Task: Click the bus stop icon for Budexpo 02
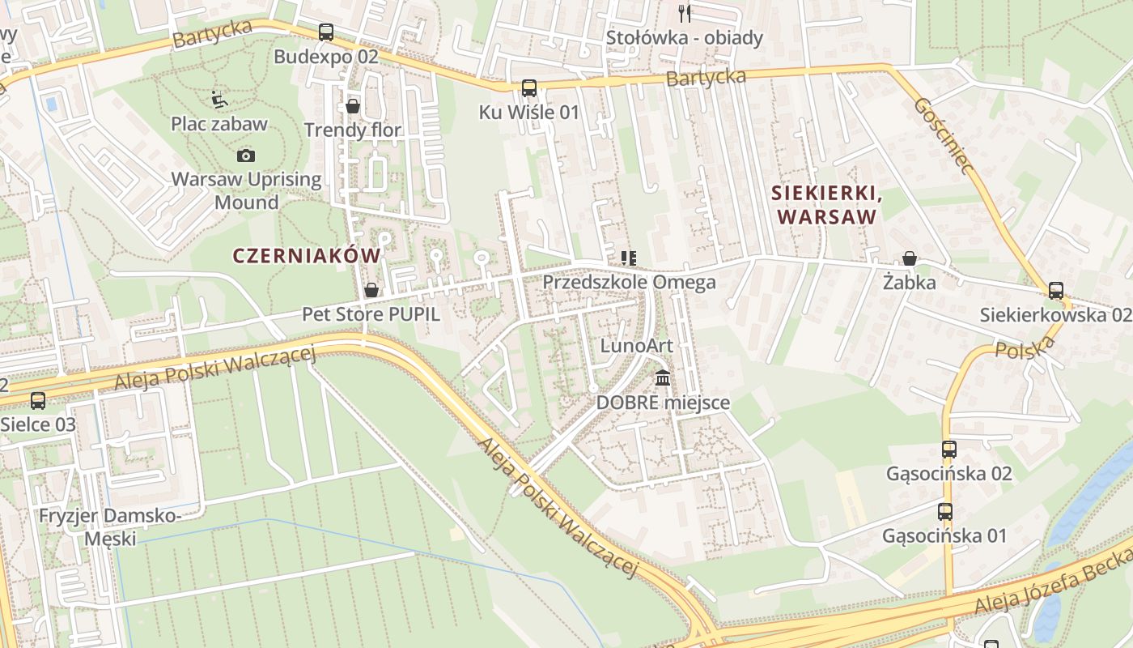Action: click(x=325, y=32)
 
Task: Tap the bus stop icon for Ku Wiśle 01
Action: click(x=529, y=88)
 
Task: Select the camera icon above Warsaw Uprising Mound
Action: click(x=246, y=156)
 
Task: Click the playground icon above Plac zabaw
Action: click(x=219, y=100)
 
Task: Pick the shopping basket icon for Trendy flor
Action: click(x=353, y=106)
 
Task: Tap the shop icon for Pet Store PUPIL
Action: click(x=371, y=290)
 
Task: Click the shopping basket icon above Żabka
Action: click(x=910, y=258)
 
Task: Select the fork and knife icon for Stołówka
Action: click(x=685, y=13)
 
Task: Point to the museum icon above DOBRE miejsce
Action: click(x=663, y=378)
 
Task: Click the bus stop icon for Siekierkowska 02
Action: click(x=1056, y=290)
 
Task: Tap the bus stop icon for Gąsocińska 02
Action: click(x=948, y=449)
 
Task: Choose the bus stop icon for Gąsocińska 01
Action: click(x=944, y=511)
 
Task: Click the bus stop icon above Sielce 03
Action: click(x=38, y=400)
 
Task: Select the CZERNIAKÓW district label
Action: click(x=306, y=256)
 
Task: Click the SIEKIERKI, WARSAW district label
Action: click(x=824, y=205)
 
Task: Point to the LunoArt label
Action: click(x=636, y=346)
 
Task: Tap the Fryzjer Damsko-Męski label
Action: click(x=109, y=526)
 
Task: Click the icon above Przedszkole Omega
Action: click(x=628, y=258)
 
